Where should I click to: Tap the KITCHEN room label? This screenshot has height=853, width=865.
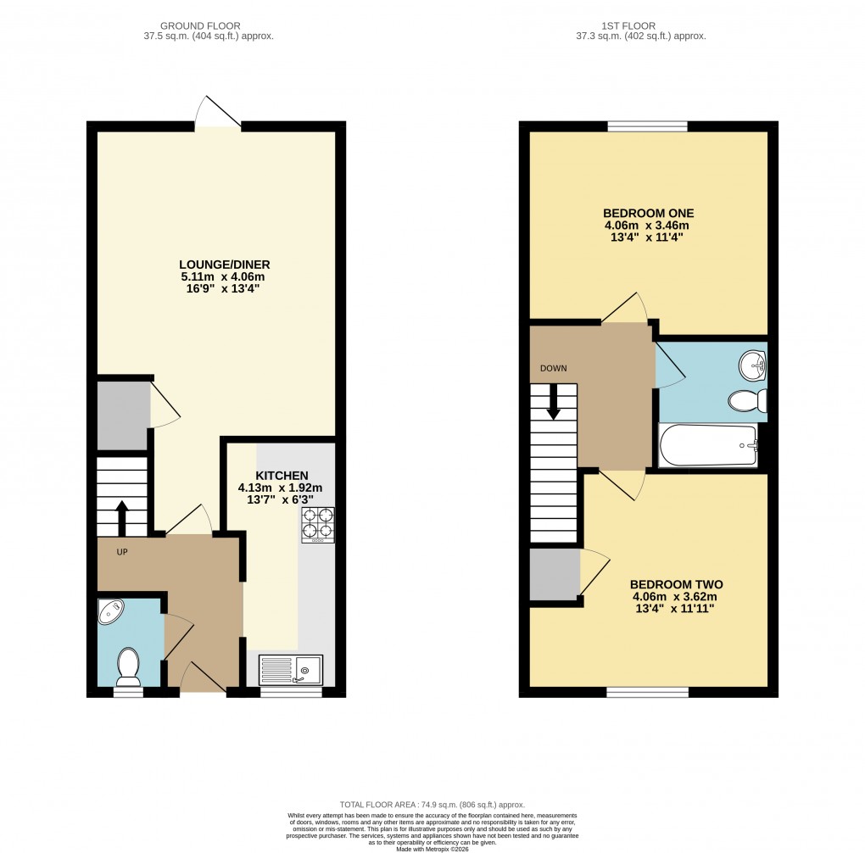pos(280,475)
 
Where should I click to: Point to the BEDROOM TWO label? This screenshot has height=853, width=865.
pos(676,584)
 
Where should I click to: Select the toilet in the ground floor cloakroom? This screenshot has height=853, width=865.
pos(129,666)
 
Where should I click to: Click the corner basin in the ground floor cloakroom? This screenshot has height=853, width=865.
pos(111,612)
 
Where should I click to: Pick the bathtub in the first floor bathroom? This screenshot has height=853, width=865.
pos(708,445)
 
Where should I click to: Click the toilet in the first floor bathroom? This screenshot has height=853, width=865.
pos(749,400)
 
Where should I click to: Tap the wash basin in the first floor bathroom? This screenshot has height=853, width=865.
pos(751,366)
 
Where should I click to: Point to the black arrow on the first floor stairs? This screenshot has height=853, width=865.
pos(554,403)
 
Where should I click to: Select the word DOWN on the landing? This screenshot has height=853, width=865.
pos(553,368)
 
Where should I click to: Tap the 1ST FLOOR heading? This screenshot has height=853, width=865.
pos(640,25)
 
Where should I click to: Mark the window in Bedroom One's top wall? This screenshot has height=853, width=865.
pos(647,126)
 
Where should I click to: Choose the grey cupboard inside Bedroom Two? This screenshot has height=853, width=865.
pos(554,574)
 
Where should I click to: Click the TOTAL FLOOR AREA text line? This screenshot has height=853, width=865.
pos(432,805)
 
